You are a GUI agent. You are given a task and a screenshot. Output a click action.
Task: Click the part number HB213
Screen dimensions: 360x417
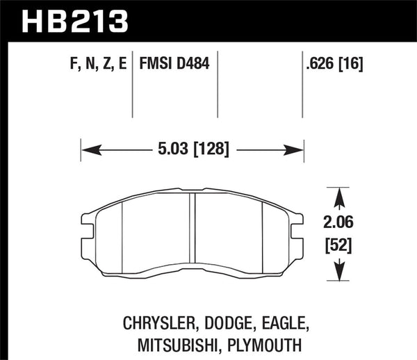[x=76, y=21]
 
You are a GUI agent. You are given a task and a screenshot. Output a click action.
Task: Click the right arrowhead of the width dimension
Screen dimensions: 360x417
[x=297, y=149]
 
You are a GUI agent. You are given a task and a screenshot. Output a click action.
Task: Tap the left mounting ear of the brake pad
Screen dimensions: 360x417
[x=88, y=225]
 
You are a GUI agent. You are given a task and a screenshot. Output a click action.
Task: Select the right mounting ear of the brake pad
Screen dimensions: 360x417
[x=298, y=225]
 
